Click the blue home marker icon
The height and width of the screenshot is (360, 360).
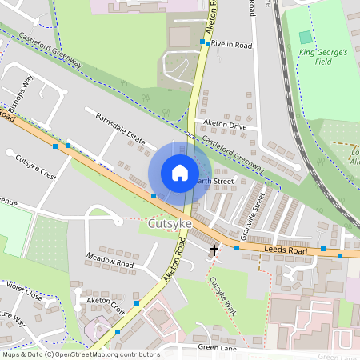[180, 172]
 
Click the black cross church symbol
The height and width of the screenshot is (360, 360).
[214, 250]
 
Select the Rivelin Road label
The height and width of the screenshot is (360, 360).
[232, 46]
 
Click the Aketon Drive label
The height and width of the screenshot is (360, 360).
[225, 125]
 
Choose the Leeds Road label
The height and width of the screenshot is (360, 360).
[286, 251]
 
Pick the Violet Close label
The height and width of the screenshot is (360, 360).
[23, 290]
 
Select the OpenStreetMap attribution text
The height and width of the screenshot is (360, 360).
[80, 354]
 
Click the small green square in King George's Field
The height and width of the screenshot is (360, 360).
[306, 38]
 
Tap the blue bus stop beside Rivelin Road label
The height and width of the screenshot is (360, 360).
[207, 44]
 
